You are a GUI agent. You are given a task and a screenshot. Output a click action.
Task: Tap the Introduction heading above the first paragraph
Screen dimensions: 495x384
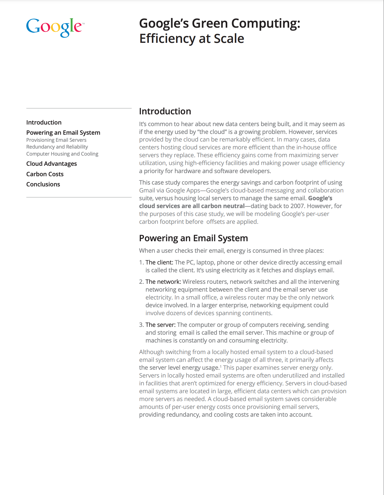(165, 111)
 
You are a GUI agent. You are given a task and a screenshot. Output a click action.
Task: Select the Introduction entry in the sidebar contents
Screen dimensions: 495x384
(44, 122)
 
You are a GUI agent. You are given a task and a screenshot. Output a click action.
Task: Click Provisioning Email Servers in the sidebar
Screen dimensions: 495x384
(56, 140)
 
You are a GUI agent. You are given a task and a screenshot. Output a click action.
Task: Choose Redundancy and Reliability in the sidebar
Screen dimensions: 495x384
(57, 147)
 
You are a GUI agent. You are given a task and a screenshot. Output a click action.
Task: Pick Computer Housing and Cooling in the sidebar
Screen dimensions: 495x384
(62, 154)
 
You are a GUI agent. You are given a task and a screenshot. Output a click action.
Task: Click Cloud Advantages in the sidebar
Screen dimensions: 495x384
(51, 164)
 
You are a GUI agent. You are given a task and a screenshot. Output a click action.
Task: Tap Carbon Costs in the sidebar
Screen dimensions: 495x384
(45, 174)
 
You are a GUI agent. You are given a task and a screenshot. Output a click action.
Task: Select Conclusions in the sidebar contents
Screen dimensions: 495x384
(43, 184)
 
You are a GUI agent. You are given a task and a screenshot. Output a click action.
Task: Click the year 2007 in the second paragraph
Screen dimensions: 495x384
(297, 206)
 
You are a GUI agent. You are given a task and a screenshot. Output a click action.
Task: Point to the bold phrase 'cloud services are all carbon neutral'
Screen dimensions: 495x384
(192, 206)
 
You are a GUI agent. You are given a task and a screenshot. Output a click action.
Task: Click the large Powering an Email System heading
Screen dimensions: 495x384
(193, 238)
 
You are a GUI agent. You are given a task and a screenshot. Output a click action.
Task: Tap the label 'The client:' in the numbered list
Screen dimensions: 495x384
(159, 262)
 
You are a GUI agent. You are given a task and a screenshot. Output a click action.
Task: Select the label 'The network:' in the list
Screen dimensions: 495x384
(163, 282)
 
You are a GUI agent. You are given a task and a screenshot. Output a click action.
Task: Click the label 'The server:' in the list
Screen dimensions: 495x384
(160, 325)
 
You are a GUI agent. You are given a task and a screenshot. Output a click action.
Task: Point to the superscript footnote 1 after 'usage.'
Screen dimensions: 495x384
(221, 366)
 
